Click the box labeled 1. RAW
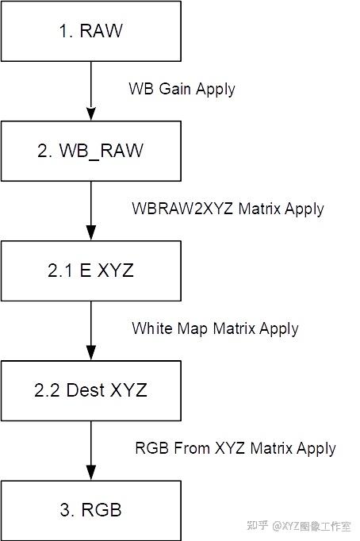91,32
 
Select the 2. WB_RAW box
91,151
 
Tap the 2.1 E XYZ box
91,270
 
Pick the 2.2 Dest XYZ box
91,389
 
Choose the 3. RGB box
91,509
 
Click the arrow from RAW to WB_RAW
91,91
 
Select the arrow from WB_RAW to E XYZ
91,210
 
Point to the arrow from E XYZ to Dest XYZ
91,330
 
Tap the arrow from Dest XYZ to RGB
91,449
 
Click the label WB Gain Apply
182,89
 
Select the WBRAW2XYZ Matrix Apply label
228,209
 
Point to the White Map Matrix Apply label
215,328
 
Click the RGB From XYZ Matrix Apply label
235,448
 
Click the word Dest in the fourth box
85,389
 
